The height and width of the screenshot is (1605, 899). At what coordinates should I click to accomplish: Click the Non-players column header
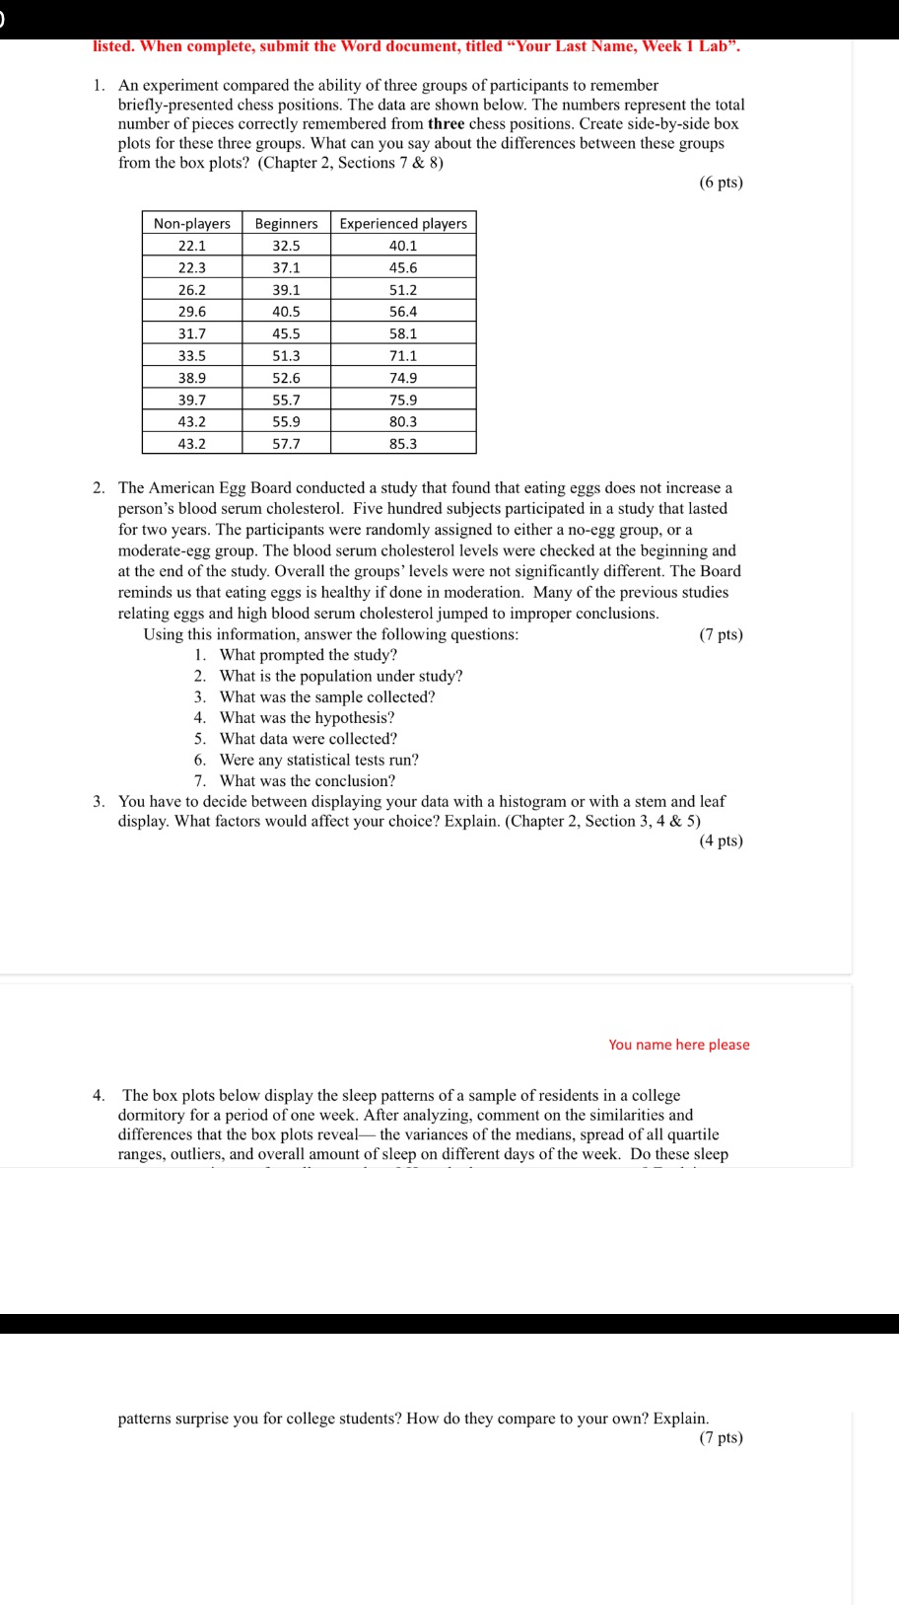click(192, 224)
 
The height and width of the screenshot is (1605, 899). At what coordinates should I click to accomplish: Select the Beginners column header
click(286, 224)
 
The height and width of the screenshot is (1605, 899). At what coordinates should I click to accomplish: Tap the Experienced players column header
click(403, 224)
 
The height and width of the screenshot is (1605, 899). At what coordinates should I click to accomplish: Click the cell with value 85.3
click(403, 444)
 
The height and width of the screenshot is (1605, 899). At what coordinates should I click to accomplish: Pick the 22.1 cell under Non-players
click(192, 246)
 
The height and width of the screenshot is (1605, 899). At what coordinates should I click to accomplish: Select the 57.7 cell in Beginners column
click(286, 444)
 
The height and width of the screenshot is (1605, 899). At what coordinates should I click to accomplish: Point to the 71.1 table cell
click(403, 356)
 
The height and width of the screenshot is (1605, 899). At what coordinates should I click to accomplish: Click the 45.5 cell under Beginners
click(286, 333)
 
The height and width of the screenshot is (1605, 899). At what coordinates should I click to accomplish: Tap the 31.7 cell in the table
click(192, 333)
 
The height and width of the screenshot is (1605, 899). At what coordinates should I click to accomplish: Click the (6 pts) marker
click(721, 182)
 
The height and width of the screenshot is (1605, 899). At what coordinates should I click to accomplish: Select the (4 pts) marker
click(721, 840)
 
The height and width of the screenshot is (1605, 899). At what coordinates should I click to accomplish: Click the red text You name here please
click(678, 1045)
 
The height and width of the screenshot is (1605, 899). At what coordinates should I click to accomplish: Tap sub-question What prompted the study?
click(308, 655)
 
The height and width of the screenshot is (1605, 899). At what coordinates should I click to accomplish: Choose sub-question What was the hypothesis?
click(307, 718)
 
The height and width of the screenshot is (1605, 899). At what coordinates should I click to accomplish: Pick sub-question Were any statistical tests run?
click(318, 760)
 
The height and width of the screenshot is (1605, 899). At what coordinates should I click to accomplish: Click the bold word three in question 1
click(446, 124)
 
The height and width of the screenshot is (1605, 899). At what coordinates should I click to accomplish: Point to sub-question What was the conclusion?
click(307, 781)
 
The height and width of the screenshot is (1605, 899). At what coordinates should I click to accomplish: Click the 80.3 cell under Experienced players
click(403, 421)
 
